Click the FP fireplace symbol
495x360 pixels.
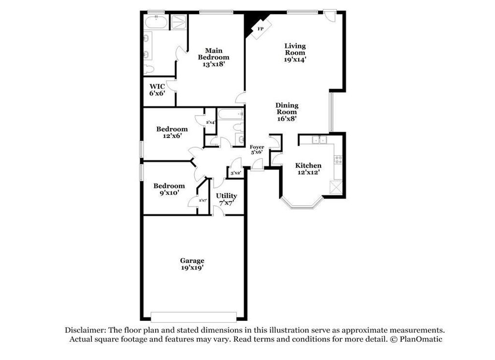click(260, 29)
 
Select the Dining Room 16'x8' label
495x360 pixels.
click(287, 111)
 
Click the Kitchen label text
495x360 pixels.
click(308, 165)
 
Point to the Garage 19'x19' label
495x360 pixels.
click(192, 264)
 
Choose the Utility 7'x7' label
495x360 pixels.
click(226, 199)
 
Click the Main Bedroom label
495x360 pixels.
click(213, 57)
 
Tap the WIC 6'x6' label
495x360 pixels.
click(157, 90)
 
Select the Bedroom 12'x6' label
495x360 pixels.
click(172, 133)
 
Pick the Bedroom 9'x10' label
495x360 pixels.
click(169, 189)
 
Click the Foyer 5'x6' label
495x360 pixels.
click(257, 149)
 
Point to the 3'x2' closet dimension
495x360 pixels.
click(235, 173)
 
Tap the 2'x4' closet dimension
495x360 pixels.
click(210, 122)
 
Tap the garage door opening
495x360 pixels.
click(193, 317)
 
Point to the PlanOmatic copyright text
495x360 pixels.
click(415, 339)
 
